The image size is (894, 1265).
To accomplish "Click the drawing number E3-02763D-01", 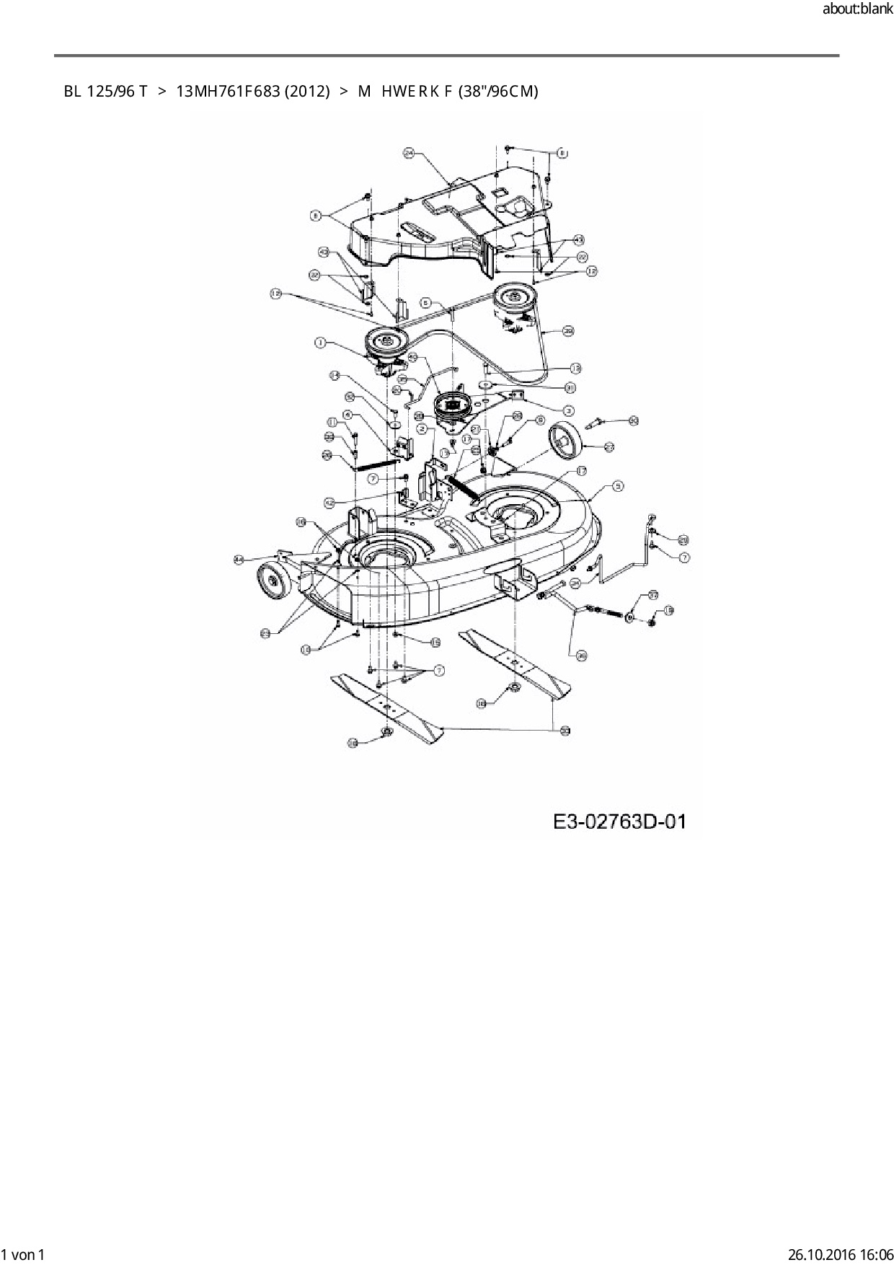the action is [x=619, y=821].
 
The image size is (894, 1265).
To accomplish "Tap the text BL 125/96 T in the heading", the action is [x=105, y=91].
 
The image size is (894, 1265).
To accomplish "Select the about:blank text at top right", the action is [x=857, y=9].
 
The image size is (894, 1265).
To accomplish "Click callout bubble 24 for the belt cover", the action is [x=408, y=153].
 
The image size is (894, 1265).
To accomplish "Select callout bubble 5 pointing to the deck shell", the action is [x=618, y=486].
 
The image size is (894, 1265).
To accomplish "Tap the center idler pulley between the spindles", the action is [x=453, y=405].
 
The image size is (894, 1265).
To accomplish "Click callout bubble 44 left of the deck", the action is [x=239, y=559].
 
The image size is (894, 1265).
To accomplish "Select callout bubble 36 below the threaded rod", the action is [x=582, y=655].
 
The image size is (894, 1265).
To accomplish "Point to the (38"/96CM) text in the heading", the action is [x=498, y=91].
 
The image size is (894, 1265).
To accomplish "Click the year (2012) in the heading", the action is [x=308, y=91].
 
